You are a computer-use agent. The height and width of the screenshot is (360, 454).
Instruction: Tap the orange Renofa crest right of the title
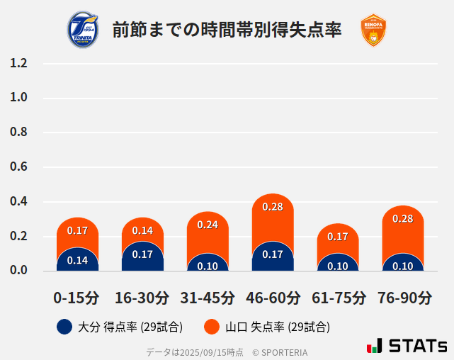coord(373,30)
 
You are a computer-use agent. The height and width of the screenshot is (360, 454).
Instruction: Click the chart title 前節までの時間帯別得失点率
coord(227,30)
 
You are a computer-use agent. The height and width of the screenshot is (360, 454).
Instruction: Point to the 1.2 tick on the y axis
coord(18,63)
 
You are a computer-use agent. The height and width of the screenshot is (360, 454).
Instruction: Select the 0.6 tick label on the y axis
coord(18,167)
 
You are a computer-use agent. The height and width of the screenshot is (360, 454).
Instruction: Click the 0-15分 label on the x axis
coord(76,298)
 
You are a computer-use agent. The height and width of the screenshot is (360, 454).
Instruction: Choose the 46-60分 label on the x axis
coord(273,298)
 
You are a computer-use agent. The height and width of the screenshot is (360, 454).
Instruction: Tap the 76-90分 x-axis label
coord(403,298)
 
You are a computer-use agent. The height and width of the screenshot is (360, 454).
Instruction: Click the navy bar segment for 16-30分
coord(142,257)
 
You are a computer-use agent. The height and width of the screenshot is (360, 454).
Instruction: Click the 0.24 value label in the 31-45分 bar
coord(208,225)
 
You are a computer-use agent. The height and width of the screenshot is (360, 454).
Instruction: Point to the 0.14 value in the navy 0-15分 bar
coord(77,260)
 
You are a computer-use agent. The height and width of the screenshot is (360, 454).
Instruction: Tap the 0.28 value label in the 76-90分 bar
coord(402,218)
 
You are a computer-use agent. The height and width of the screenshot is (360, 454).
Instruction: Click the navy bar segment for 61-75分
coord(338,264)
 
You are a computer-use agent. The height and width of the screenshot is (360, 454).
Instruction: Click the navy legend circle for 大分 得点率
coord(64,327)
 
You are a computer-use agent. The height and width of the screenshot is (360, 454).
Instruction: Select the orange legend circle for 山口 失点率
coord(211,327)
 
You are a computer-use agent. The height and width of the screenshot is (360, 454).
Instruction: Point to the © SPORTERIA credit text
coord(280,352)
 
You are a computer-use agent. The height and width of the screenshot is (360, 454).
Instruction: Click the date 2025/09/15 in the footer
coord(200,352)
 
